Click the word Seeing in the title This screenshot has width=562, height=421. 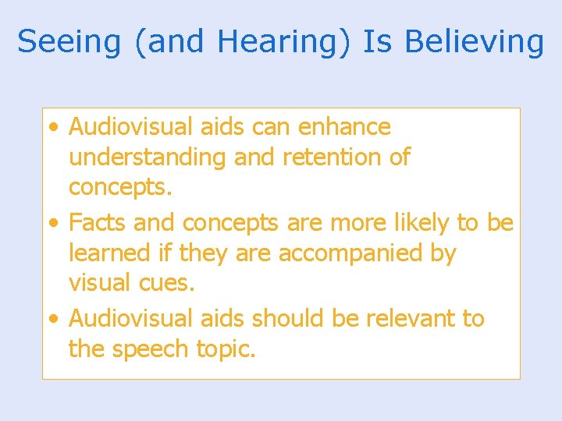click(69, 41)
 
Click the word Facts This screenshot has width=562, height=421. click(98, 223)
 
